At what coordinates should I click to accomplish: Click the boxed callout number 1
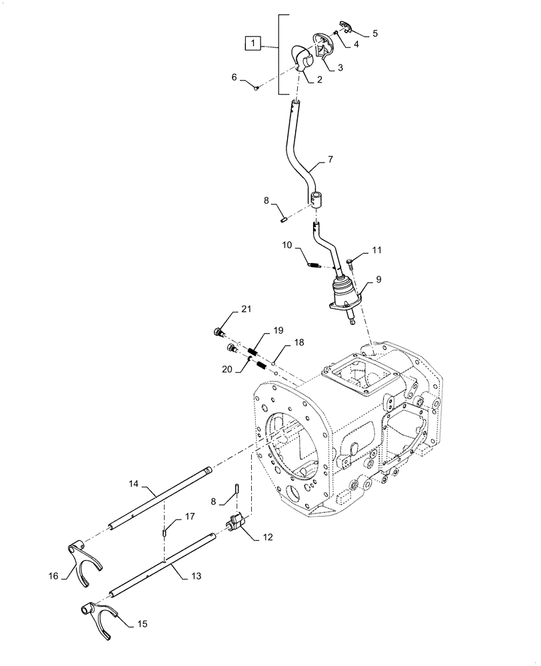[x=254, y=44]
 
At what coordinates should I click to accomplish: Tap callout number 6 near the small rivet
[x=234, y=77]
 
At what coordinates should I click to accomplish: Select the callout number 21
[x=247, y=310]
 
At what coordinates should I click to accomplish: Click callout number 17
[x=190, y=516]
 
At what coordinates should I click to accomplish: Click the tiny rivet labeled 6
[x=257, y=88]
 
